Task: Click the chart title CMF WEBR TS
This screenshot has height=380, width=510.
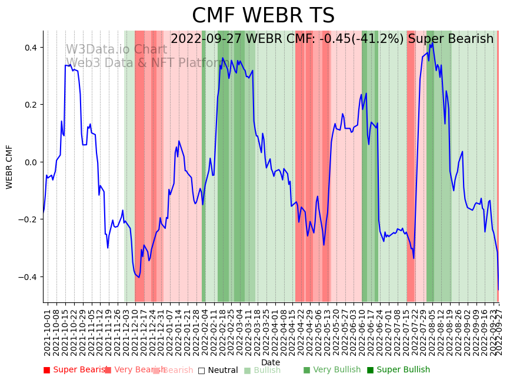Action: coord(263,16)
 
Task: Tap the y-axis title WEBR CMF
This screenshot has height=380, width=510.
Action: coord(9,166)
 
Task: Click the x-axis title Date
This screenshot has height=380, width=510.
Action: coord(271,362)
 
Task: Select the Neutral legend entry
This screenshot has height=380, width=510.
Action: coord(218,370)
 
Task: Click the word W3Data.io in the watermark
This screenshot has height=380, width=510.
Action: coord(94,50)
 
